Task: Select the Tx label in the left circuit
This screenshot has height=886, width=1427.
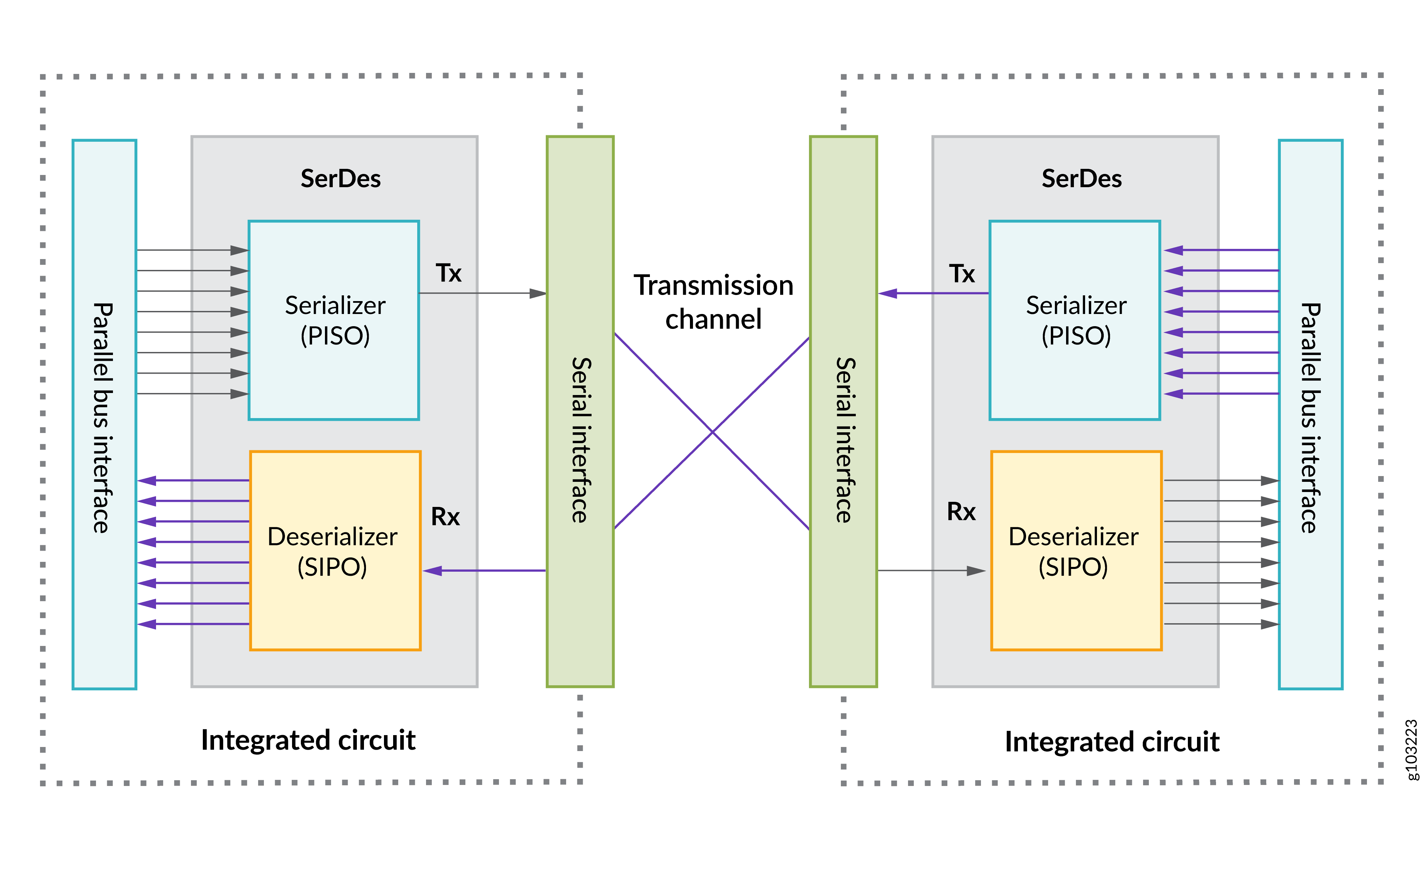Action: [x=448, y=273]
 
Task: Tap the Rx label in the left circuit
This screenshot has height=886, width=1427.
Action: [x=445, y=517]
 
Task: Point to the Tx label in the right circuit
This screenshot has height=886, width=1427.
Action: [x=962, y=274]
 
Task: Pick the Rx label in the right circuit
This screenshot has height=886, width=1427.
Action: [x=961, y=512]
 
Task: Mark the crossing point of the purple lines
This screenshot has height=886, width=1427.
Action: [x=712, y=432]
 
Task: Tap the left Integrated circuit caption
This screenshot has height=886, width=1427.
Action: [x=308, y=740]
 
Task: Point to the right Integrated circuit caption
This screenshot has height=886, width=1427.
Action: [x=1112, y=742]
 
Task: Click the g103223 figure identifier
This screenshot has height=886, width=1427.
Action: [x=1413, y=750]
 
